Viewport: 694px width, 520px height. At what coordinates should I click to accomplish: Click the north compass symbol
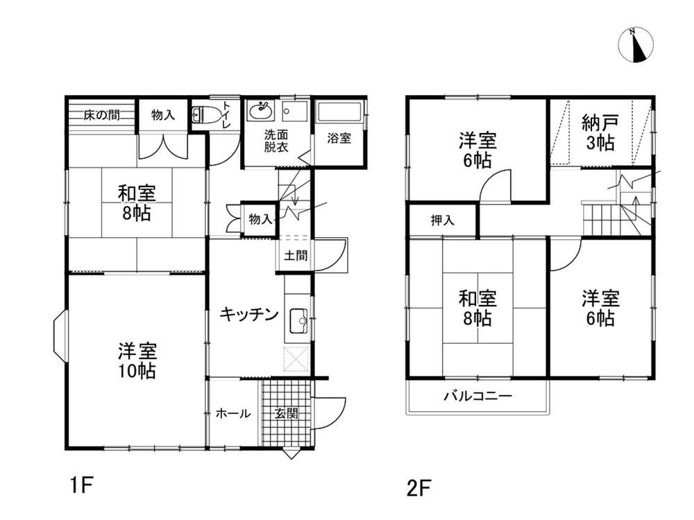(x=636, y=44)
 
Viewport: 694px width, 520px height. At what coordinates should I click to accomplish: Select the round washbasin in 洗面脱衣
(x=261, y=110)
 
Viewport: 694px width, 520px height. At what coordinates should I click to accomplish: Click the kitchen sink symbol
(x=298, y=320)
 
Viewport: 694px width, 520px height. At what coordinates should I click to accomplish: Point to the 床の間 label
(x=101, y=115)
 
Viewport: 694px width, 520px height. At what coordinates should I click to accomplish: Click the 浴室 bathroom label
(x=339, y=138)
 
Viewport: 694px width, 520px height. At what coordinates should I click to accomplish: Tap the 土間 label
(x=296, y=255)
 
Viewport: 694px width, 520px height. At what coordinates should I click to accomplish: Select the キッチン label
(x=248, y=314)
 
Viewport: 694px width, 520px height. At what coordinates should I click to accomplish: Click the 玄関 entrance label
(x=287, y=414)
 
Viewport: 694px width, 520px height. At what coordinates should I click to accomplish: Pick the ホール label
(x=232, y=414)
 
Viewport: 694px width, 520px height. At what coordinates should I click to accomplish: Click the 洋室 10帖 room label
(x=137, y=361)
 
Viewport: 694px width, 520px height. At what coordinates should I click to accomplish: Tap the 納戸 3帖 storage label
(x=600, y=132)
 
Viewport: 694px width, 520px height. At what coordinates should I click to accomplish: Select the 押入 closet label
(x=443, y=220)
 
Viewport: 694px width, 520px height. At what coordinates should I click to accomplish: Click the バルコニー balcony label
(x=478, y=395)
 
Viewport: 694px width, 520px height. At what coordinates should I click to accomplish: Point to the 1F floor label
(x=81, y=485)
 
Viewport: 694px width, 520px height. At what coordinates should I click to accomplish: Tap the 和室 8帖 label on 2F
(x=477, y=308)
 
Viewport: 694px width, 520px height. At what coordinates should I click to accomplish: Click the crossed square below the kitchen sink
(x=296, y=358)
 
